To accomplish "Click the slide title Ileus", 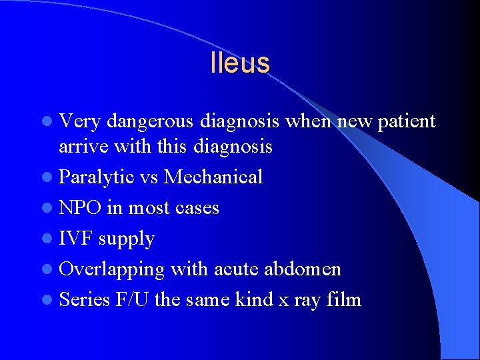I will (x=239, y=63).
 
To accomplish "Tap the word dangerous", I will (x=149, y=121).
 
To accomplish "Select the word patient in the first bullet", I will (x=405, y=121).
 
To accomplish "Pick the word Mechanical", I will (x=213, y=177).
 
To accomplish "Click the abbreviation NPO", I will (x=80, y=208).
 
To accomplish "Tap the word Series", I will (x=84, y=300).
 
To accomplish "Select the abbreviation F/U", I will (x=133, y=300).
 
